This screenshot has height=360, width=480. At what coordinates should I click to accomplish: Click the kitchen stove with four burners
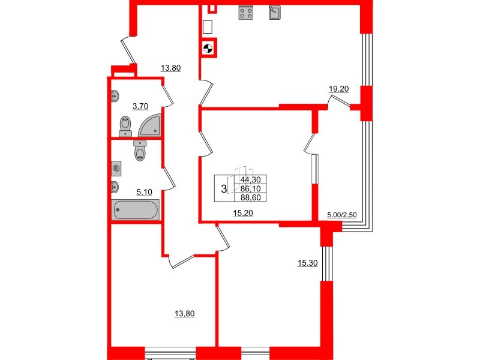tap(245, 13)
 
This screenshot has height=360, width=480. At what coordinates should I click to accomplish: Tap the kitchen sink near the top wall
tap(275, 12)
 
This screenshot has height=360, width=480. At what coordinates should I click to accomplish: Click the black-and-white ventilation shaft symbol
tap(208, 49)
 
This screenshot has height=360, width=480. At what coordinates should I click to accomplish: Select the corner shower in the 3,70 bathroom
tap(150, 125)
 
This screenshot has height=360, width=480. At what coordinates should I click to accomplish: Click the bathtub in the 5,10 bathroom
tap(136, 210)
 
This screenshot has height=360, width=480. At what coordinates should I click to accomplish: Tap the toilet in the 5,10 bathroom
tap(140, 151)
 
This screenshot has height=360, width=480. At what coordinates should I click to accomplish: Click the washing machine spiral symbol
tap(116, 169)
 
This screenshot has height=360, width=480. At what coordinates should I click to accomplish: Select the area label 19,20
tap(339, 89)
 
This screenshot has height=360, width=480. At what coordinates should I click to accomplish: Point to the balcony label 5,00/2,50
tap(341, 214)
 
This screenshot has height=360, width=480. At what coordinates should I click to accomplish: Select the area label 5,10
tap(144, 192)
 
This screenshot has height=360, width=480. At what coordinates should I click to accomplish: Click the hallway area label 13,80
tap(171, 67)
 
